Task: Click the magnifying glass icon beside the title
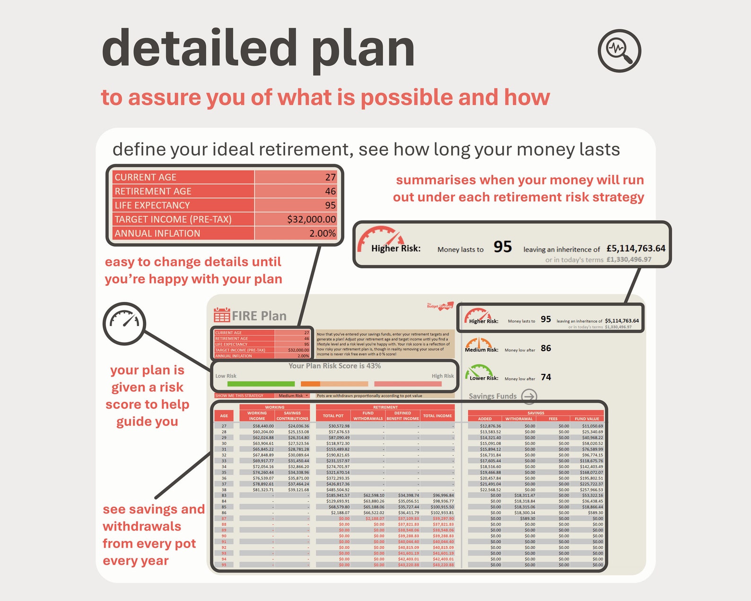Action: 620,51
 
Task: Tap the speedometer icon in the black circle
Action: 124,324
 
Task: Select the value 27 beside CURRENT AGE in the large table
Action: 330,177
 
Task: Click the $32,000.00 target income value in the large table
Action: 311,219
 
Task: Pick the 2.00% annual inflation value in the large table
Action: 322,233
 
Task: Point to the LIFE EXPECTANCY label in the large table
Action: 152,205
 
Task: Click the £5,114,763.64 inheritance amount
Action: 636,248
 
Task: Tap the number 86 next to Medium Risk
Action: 546,348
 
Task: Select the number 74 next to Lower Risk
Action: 546,377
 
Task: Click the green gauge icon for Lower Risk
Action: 479,371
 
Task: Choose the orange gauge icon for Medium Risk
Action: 479,343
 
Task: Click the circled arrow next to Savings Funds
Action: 529,396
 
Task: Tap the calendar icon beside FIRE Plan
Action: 222,315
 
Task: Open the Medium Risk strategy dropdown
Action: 293,396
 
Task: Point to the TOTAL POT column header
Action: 333,416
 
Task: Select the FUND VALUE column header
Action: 586,419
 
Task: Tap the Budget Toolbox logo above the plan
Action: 440,306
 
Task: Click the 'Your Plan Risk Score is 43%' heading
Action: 334,366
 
